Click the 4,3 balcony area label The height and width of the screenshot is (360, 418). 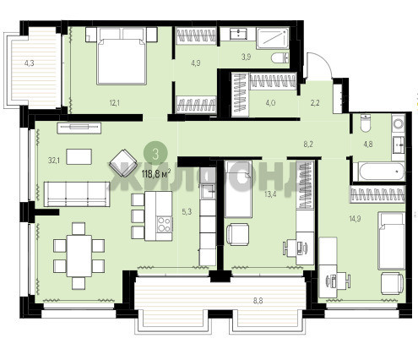pos(29,63)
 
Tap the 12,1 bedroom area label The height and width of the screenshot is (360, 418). pos(115,103)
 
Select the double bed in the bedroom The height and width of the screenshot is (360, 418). pos(121,56)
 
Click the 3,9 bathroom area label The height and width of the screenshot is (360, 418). pos(247,57)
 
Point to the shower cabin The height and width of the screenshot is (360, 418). pos(273,38)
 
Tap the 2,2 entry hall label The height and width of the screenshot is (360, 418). pos(315,103)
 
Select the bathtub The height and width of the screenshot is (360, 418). pos(379,172)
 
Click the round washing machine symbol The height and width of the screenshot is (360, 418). pos(399,123)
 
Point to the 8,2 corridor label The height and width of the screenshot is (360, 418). pos(308,145)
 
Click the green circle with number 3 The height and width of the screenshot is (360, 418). pos(155,154)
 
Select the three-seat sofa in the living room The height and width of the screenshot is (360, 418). pos(77,194)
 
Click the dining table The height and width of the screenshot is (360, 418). pos(79,256)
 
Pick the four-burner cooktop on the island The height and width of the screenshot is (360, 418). pos(165,224)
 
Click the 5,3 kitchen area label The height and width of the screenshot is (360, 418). pos(187,211)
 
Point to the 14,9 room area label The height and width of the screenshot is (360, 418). pos(355,218)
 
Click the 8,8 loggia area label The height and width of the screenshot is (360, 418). pos(258,301)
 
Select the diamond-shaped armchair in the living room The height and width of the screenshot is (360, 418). pos(123,163)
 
